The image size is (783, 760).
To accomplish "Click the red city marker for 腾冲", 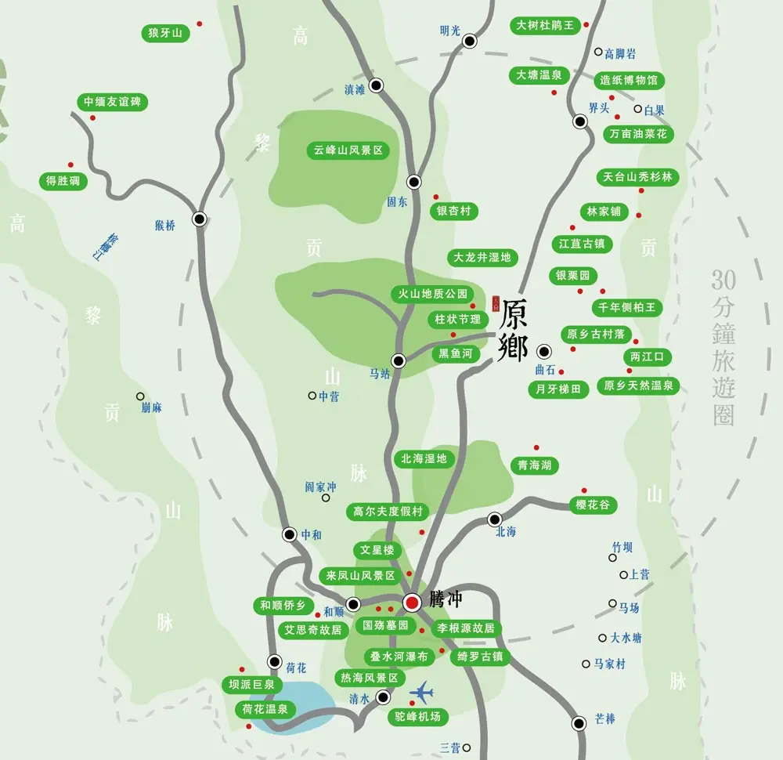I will (412, 602).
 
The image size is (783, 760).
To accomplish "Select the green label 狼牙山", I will (164, 33).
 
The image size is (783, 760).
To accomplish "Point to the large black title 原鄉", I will (514, 330).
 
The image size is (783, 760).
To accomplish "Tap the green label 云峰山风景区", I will (348, 150).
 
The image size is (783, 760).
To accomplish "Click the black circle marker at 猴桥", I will (200, 219).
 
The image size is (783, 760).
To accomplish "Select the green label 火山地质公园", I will (432, 294).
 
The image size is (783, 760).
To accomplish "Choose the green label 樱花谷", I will (592, 505).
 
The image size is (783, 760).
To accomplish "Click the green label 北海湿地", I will (424, 458).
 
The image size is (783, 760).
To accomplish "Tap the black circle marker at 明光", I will (470, 41).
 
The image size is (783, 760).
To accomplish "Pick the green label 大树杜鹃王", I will (545, 25).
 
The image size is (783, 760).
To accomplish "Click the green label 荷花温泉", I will (265, 709).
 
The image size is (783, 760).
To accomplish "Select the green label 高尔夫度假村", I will (388, 512).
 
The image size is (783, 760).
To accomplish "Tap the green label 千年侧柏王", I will (627, 307).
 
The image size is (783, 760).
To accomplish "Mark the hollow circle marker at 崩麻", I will (140, 396).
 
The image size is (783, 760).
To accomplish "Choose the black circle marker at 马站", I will (398, 360).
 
